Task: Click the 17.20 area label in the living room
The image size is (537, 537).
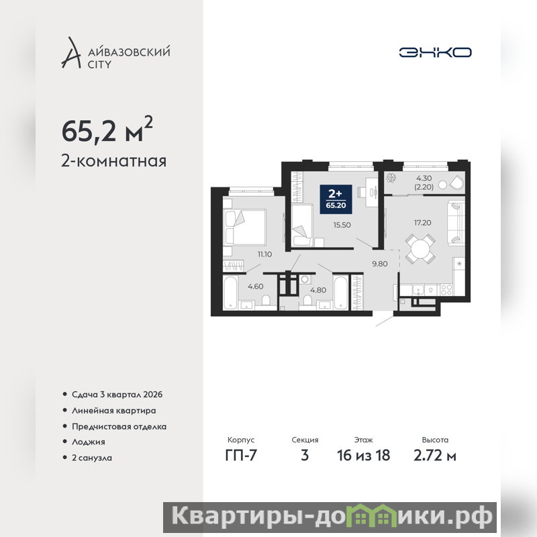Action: (423, 223)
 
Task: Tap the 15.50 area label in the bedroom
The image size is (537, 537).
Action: (342, 225)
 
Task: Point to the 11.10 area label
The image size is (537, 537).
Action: (264, 254)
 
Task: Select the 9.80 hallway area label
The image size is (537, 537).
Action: (380, 264)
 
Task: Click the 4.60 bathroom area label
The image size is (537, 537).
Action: (256, 287)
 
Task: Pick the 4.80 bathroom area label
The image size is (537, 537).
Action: (318, 290)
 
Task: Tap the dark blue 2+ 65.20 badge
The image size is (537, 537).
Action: (336, 199)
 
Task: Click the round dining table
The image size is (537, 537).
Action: (420, 248)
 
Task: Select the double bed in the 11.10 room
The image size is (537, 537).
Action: (244, 228)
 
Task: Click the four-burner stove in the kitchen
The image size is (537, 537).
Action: (446, 290)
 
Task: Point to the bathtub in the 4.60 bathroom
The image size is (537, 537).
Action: (230, 293)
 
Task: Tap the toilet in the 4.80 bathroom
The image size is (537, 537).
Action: (307, 300)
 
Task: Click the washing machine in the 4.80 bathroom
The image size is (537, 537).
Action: (305, 279)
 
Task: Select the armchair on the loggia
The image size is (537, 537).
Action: (456, 183)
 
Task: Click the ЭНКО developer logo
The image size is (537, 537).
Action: (435, 52)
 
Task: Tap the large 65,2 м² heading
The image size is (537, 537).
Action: (107, 130)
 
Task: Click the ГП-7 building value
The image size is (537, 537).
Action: (241, 456)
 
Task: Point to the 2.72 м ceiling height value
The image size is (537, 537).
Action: (435, 456)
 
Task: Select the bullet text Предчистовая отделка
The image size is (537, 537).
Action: (119, 427)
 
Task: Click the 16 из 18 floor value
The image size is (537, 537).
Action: (363, 456)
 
